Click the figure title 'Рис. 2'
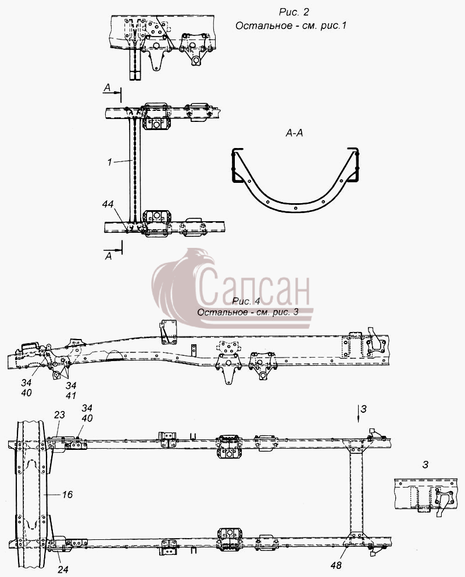pyautogui.click(x=294, y=12)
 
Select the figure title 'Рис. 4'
pyautogui.click(x=246, y=301)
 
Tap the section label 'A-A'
pyautogui.click(x=294, y=133)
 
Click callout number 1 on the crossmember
pyautogui.click(x=109, y=162)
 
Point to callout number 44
pyautogui.click(x=108, y=204)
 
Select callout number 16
pyautogui.click(x=67, y=495)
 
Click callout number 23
pyautogui.click(x=59, y=414)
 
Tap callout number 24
pyautogui.click(x=63, y=570)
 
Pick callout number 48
pyautogui.click(x=336, y=565)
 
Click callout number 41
pyautogui.click(x=71, y=395)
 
